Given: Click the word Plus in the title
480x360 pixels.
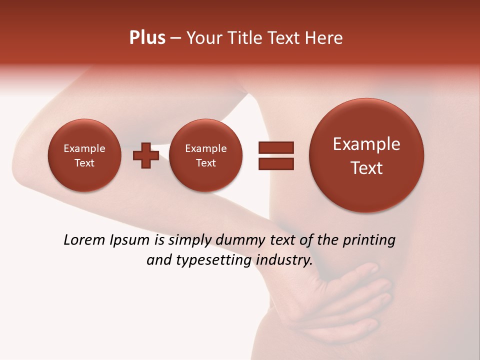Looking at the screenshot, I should tap(147, 38).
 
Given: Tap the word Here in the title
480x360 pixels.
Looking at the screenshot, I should tap(325, 38).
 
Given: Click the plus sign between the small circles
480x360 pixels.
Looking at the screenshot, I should tap(145, 155).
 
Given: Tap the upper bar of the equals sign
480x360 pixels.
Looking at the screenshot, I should tap(275, 147).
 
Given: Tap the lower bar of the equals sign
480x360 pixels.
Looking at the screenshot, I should tap(275, 163).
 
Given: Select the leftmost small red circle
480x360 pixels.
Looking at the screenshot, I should tap(84, 155).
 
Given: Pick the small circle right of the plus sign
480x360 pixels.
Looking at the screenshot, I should tap(205, 155).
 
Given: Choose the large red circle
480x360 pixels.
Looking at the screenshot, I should tap(366, 155).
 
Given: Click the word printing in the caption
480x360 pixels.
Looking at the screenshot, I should tap(368, 240).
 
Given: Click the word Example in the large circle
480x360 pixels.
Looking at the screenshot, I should tap(366, 144).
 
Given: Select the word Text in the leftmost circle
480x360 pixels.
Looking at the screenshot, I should tap(84, 163).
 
